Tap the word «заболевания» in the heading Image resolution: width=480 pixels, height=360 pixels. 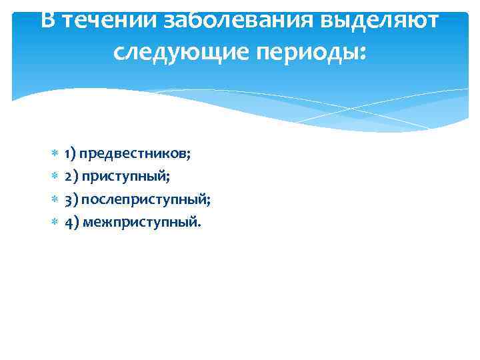pyautogui.click(x=225, y=20)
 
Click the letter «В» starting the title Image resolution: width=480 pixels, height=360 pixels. pyautogui.click(x=47, y=20)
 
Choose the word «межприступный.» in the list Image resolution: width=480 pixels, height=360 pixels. pyautogui.click(x=141, y=221)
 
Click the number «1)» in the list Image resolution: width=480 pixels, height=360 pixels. pyautogui.click(x=70, y=154)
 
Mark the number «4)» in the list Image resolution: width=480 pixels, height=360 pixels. pyautogui.click(x=71, y=221)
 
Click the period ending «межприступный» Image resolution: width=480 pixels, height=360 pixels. pyautogui.click(x=197, y=225)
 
